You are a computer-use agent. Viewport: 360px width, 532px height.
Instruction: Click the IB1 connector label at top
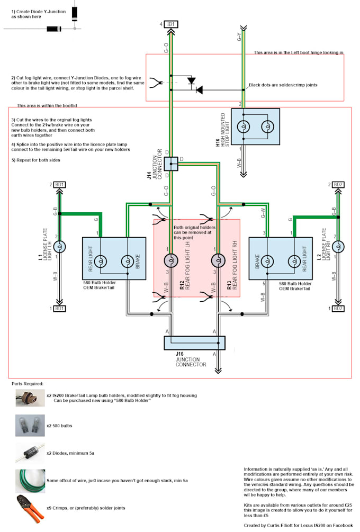[x=172, y=24]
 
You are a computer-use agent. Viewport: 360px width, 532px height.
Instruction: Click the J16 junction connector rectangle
[x=194, y=343]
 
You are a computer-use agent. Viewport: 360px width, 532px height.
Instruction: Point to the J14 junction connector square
[x=171, y=164]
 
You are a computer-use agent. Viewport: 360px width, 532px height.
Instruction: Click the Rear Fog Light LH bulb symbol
[x=171, y=260]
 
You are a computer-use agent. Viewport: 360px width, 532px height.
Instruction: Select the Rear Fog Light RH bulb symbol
[x=216, y=260]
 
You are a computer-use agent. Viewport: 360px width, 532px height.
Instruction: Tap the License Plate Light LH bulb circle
[x=60, y=247]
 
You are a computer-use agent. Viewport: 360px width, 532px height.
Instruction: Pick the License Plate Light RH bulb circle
[x=337, y=247]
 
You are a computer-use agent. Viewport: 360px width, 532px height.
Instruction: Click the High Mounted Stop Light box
[x=255, y=127]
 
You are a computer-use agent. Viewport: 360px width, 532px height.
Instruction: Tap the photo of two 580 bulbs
[x=26, y=425]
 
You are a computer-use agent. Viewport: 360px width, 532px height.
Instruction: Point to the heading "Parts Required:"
[x=28, y=383]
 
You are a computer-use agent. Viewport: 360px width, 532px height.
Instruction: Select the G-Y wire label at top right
[x=239, y=37]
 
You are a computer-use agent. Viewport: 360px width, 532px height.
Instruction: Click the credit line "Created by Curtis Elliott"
[x=298, y=525]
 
